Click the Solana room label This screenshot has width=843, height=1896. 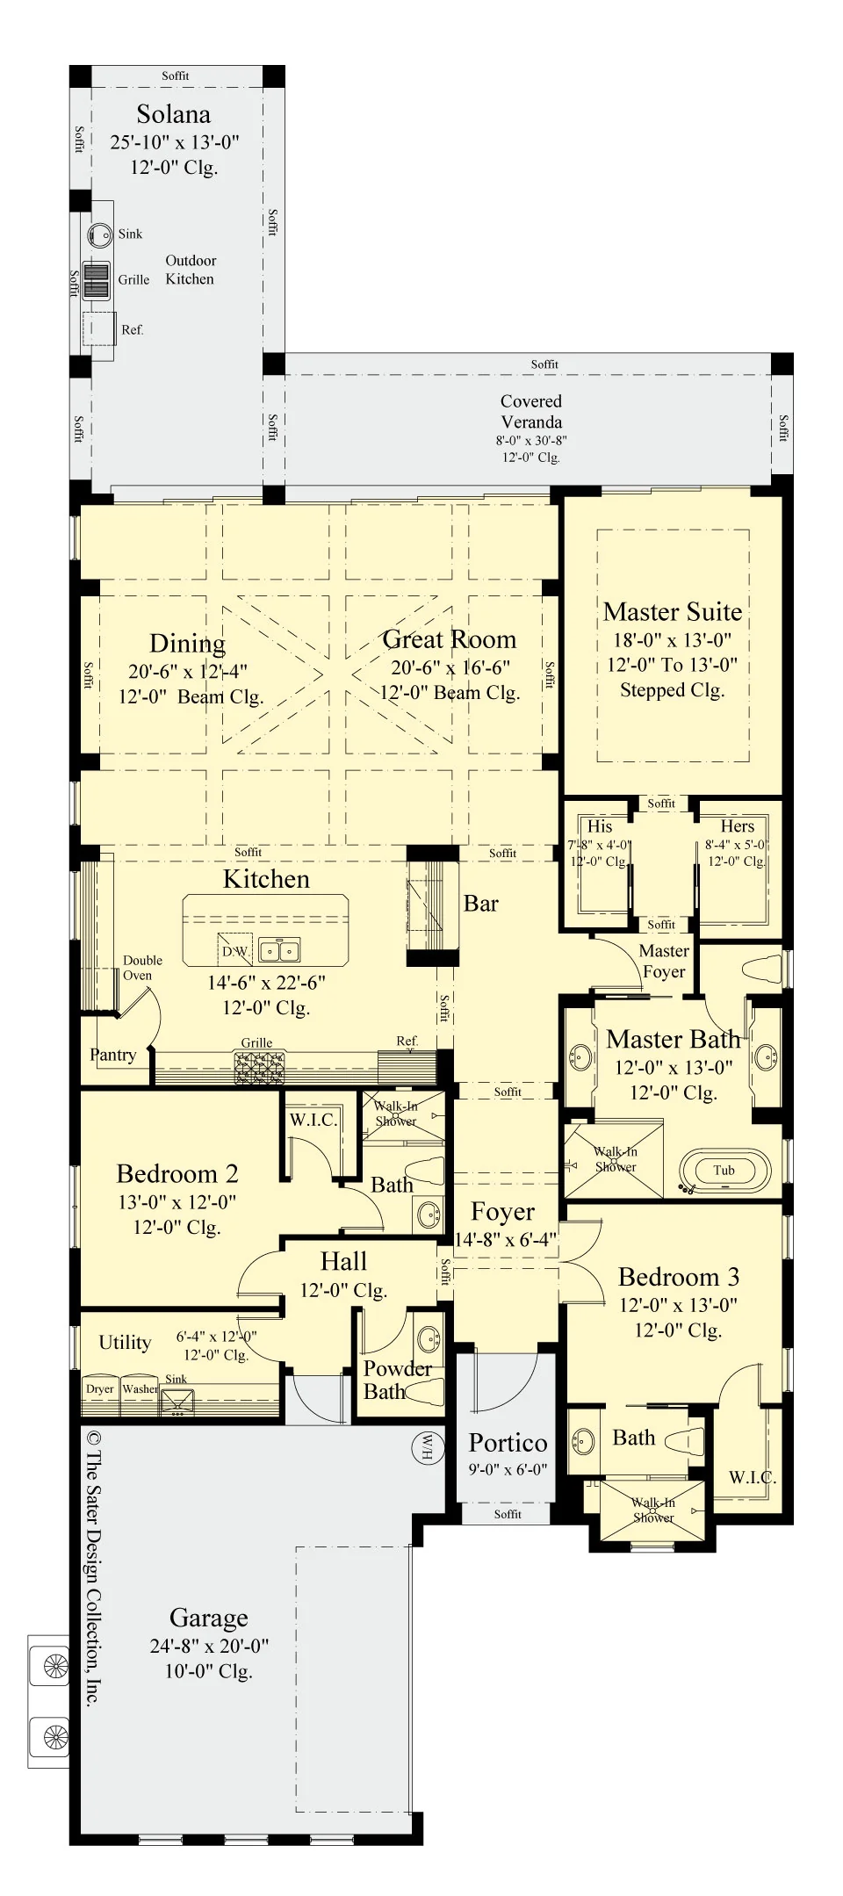point(173,114)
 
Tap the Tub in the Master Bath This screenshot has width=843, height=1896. point(724,1170)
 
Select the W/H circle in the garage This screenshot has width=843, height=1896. point(427,1446)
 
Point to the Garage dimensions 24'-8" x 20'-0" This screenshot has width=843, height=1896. point(209,1646)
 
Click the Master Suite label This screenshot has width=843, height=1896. point(673,611)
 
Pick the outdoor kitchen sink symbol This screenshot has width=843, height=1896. point(100,234)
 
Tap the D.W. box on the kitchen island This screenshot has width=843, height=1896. point(234,950)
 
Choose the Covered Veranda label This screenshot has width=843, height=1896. point(531,411)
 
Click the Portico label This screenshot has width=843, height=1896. point(508,1443)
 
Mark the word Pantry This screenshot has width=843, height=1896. point(113,1055)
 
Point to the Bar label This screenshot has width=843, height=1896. point(481,904)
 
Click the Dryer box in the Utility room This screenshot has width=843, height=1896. point(100,1389)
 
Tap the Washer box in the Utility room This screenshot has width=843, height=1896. point(140,1389)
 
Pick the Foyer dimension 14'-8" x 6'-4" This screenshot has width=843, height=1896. point(506,1239)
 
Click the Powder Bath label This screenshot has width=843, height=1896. point(398,1380)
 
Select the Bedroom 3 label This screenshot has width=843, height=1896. point(679,1277)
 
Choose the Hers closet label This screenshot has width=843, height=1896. point(738,826)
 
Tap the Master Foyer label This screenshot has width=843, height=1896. point(664,962)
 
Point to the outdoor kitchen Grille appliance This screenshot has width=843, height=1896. point(97,280)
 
